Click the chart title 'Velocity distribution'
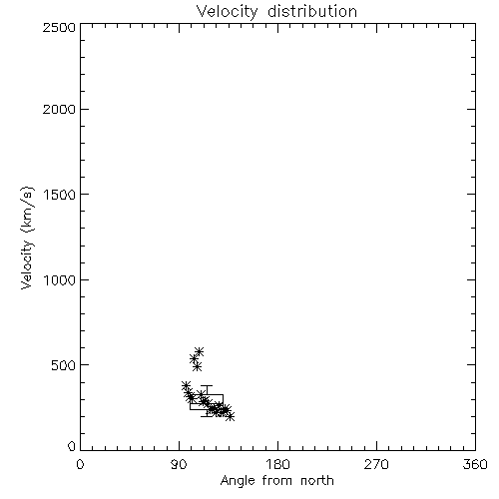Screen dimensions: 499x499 (276, 11)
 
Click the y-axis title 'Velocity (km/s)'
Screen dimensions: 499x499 (27, 238)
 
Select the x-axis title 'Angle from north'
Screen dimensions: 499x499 (276, 481)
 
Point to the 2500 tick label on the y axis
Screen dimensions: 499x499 (59, 27)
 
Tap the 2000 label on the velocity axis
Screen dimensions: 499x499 (59, 109)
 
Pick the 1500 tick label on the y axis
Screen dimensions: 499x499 (60, 195)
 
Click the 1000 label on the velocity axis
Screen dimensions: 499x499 (60, 280)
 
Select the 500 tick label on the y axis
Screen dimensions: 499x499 (64, 365)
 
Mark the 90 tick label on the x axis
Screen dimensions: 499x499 (179, 464)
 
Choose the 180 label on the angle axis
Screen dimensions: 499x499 (277, 464)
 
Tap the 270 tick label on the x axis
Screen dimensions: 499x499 (376, 464)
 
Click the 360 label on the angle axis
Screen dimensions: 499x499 (475, 464)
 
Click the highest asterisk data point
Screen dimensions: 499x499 (199, 351)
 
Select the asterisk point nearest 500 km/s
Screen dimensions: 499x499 (197, 366)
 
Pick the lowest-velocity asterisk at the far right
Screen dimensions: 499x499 (230, 416)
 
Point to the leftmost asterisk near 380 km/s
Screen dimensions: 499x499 (186, 385)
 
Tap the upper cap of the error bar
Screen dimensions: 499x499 (207, 386)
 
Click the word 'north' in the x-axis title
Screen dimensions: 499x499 (317, 481)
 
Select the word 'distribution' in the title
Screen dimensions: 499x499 (312, 11)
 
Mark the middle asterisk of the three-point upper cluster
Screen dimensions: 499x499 (194, 358)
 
